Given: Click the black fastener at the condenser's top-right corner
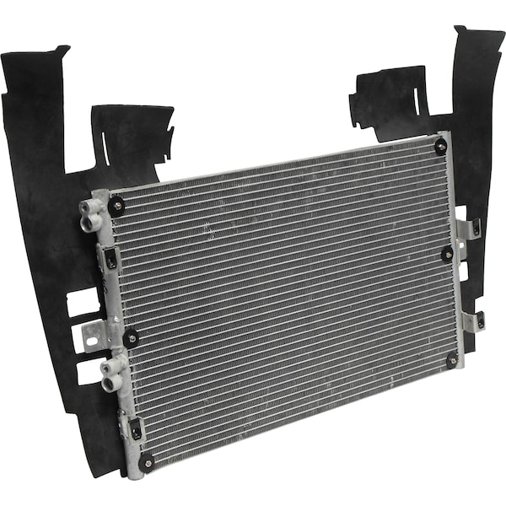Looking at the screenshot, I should pyautogui.click(x=440, y=147).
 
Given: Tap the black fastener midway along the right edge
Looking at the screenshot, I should pyautogui.click(x=447, y=253).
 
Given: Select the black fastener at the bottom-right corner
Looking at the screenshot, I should pyautogui.click(x=452, y=360).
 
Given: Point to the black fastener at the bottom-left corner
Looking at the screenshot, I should pyautogui.click(x=147, y=462).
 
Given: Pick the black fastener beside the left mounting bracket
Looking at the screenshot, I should pyautogui.click(x=131, y=338).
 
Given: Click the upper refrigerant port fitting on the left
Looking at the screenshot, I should pyautogui.click(x=90, y=214).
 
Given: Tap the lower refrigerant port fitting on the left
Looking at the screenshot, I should pyautogui.click(x=112, y=374).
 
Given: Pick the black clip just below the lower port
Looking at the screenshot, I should pyautogui.click(x=134, y=428).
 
